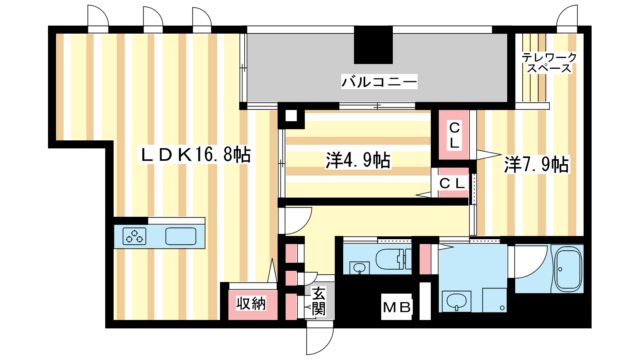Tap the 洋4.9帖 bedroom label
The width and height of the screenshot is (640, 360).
point(358,160)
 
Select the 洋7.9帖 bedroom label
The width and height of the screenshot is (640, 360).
point(536,164)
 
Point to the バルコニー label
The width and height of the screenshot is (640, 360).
point(379,82)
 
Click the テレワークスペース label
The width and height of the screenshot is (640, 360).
point(549,63)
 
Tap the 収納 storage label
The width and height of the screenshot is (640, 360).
point(251,304)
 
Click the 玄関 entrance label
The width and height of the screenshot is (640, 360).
point(318,301)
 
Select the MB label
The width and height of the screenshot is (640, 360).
point(397,308)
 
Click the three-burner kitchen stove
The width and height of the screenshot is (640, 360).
point(134,236)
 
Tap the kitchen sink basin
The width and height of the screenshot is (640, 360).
point(181,236)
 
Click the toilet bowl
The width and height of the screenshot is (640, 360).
point(393,259)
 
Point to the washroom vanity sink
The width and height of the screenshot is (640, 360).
point(456,301)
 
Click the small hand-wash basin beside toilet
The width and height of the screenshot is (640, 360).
point(360,268)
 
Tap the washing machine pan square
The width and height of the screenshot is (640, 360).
point(494,300)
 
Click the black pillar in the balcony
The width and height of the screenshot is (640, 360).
point(373,45)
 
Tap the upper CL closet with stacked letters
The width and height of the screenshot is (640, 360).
point(454,135)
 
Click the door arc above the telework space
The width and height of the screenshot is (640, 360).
point(562,13)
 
